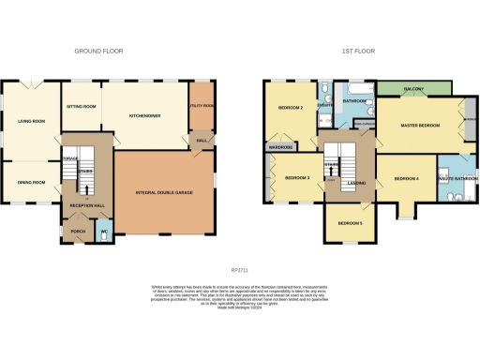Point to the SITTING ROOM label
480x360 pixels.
point(82,107)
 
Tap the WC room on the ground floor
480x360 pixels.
point(105,231)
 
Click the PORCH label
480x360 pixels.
point(76,231)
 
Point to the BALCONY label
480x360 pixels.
point(413,89)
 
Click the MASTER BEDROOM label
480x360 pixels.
point(420,126)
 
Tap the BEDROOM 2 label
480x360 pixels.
point(290,108)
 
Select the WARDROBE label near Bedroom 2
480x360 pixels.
point(281,147)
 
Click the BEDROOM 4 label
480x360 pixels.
point(406,178)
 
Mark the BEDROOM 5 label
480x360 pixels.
point(350,222)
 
